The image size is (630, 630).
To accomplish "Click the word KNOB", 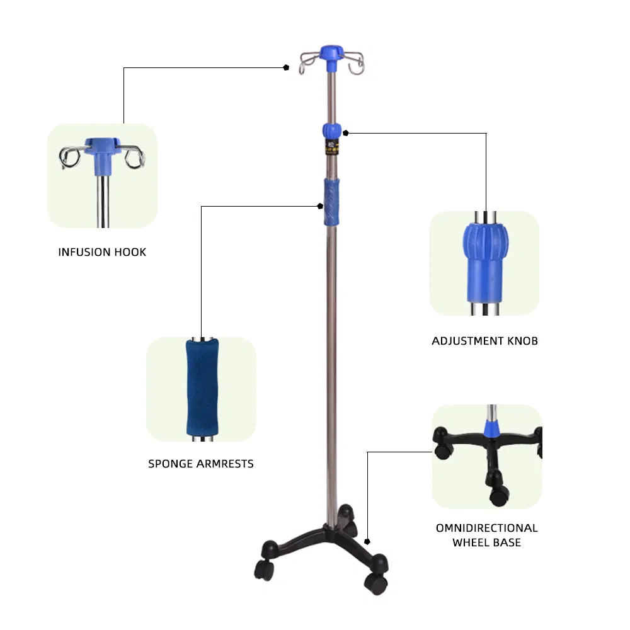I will click(x=522, y=341).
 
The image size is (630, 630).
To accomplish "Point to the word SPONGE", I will click(x=170, y=464).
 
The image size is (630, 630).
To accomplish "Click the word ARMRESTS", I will click(x=224, y=464).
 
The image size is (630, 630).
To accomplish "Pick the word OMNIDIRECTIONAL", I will click(x=486, y=528).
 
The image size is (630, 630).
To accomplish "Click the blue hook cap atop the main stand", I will click(x=331, y=54).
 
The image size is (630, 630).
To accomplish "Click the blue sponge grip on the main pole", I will click(x=331, y=202).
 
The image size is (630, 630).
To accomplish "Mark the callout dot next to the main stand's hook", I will click(x=286, y=67).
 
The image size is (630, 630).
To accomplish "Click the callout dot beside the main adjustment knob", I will click(x=346, y=133).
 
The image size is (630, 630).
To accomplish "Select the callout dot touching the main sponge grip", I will click(x=319, y=205).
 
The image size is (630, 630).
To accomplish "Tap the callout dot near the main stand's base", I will click(x=367, y=541).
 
